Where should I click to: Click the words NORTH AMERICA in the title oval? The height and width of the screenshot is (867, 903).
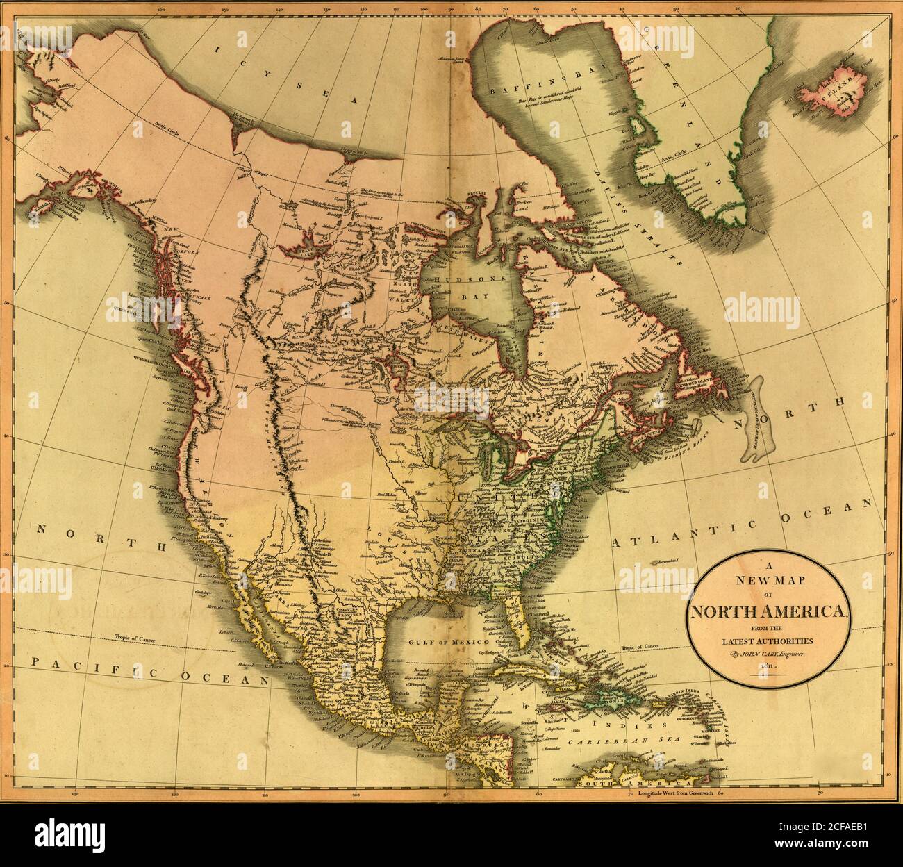pos(768,611)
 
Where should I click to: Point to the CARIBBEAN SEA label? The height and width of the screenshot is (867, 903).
pos(608,742)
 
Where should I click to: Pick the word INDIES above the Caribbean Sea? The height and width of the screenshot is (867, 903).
pos(629,725)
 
